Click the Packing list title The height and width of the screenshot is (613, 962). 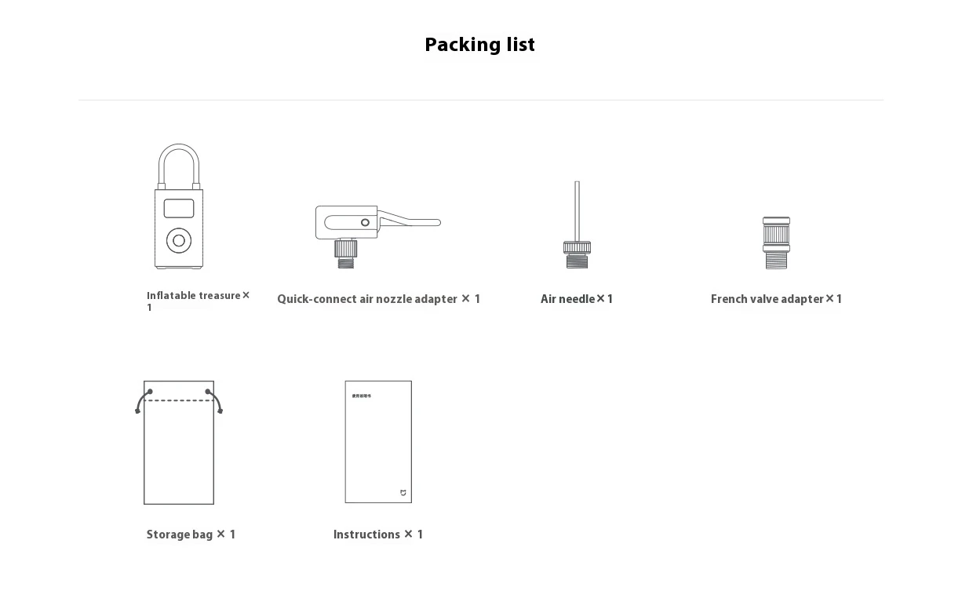(x=479, y=45)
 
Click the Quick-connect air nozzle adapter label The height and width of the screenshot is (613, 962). (x=378, y=299)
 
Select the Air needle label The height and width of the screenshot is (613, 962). (x=576, y=299)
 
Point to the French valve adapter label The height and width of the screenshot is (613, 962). (x=776, y=299)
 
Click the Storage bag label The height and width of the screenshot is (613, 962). (x=191, y=535)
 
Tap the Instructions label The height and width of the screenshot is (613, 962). (x=378, y=535)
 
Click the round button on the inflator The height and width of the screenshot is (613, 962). (x=179, y=241)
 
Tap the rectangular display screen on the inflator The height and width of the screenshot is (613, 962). (x=179, y=208)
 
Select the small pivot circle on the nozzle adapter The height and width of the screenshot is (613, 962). (x=365, y=223)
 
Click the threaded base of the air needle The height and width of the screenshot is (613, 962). (x=577, y=257)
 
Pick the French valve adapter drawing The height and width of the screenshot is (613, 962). (x=776, y=243)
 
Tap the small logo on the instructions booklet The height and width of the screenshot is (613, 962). (x=403, y=493)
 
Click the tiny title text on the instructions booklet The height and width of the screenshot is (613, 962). (x=361, y=396)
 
